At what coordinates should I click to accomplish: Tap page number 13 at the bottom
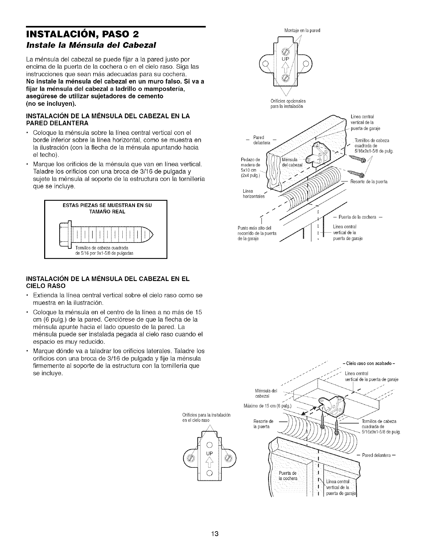215,524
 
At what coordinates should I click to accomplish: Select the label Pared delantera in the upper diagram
260,139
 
